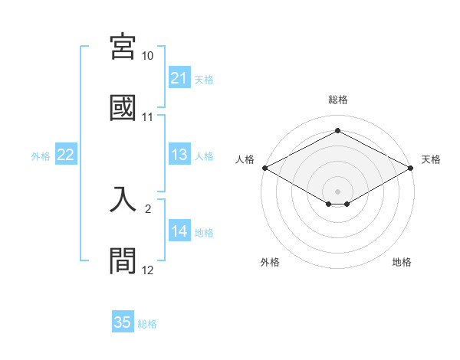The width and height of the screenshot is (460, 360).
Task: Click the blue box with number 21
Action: tap(179, 78)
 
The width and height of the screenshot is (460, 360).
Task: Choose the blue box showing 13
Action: tap(179, 155)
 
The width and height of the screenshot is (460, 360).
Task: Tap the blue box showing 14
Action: tap(179, 231)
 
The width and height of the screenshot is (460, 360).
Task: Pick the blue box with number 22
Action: tap(66, 155)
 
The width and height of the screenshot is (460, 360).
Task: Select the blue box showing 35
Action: tap(123, 322)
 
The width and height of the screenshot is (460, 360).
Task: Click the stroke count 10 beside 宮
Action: tap(148, 57)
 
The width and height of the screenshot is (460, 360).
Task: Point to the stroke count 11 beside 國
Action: tap(148, 117)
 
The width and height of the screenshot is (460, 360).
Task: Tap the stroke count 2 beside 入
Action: tap(148, 208)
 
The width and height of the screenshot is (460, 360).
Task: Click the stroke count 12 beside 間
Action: tap(148, 269)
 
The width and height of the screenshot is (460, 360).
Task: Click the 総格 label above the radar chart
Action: tap(338, 100)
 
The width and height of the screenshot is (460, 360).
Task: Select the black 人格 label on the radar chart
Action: tap(245, 159)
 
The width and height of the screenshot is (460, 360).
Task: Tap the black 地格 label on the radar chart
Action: tap(402, 262)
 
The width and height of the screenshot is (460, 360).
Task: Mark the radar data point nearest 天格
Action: tap(412, 169)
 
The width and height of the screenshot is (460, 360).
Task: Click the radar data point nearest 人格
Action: tap(264, 168)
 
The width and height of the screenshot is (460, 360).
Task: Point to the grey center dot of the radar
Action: tap(338, 190)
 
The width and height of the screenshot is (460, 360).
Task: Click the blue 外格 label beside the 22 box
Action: tap(41, 155)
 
